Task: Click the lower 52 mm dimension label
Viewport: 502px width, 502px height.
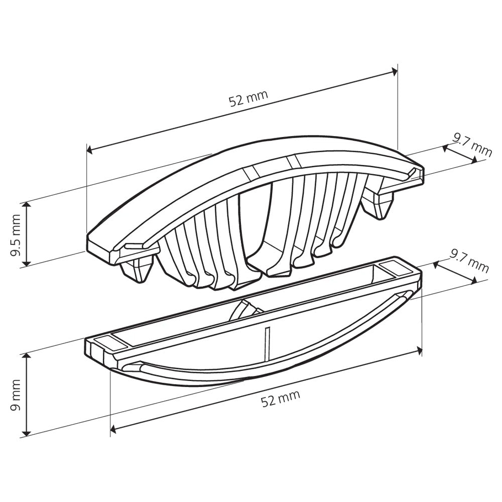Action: pos(280,398)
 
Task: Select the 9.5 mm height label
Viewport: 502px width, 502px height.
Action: pos(16,233)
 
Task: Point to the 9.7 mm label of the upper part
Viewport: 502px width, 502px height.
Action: pos(472,144)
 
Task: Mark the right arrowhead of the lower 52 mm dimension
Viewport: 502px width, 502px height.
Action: pos(418,350)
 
